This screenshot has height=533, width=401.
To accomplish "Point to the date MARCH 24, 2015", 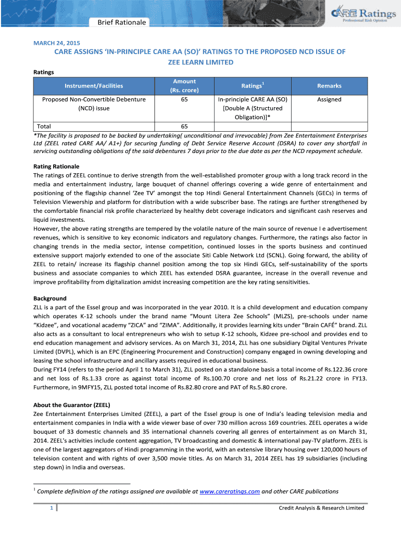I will coord(57,42).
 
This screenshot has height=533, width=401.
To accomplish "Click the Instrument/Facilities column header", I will coord(94,85).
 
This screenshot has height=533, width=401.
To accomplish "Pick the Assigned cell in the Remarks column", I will coord(329,99).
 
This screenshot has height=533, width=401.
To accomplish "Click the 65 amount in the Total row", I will coord(184,126).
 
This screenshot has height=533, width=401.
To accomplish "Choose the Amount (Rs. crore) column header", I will coord(184,85).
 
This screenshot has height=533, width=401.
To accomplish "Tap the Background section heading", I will coord(50,298).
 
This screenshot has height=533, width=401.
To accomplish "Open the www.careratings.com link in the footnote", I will coord(230,491).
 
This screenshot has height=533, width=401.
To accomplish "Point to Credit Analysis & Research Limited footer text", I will coord(321,508).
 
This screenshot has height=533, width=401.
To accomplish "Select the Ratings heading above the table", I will coord(44,72).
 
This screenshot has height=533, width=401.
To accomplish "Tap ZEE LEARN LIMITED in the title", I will coord(200,62).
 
